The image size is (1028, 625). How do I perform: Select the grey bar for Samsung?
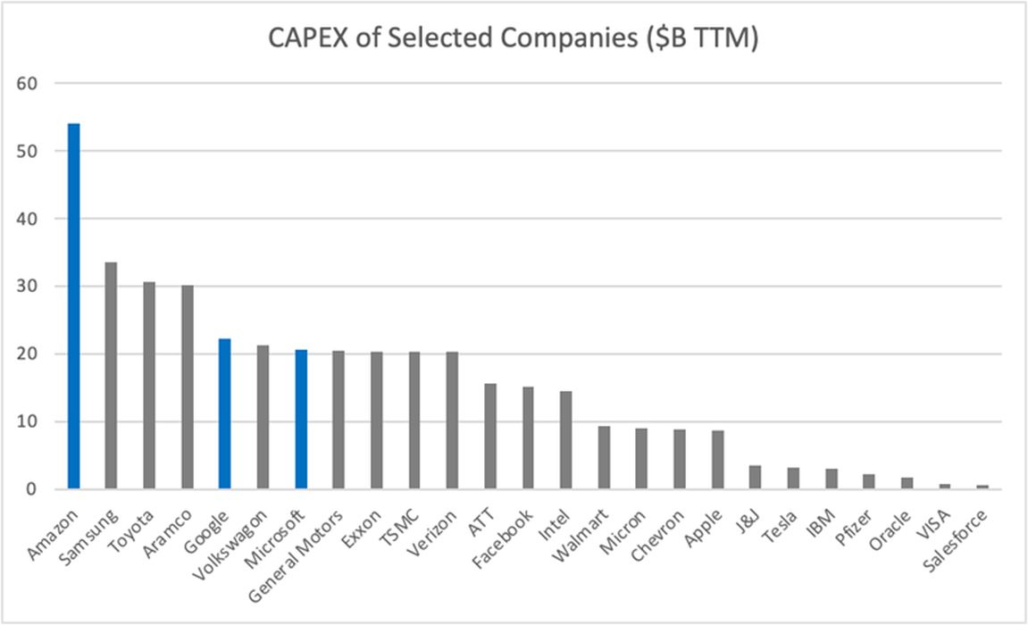(111, 376)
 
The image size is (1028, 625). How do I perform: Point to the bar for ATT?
(490, 437)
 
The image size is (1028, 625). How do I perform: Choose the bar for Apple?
(718, 460)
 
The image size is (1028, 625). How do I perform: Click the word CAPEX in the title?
(305, 40)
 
